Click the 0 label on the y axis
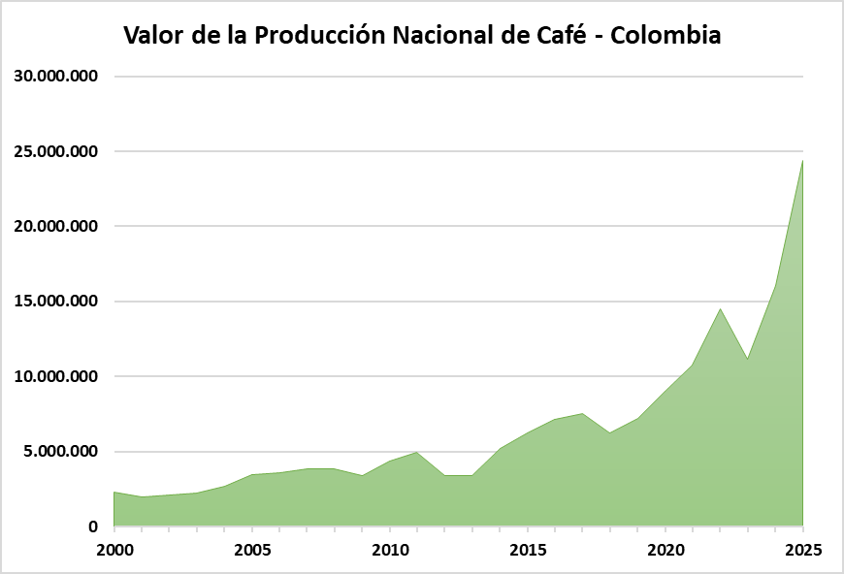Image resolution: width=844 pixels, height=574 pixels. (93, 526)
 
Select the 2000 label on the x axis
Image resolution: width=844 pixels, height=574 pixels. (114, 551)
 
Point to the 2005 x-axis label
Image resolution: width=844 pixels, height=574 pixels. (252, 551)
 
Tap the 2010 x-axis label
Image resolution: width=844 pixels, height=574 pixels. (390, 551)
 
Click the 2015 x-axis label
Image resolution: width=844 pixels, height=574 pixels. (528, 551)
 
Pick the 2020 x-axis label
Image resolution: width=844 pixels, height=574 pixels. (665, 551)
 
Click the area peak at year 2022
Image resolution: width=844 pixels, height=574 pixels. (720, 309)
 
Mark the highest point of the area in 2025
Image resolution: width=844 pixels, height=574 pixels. (802, 161)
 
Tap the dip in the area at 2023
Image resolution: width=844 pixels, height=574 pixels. (747, 360)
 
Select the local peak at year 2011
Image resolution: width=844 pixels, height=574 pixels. (417, 452)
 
